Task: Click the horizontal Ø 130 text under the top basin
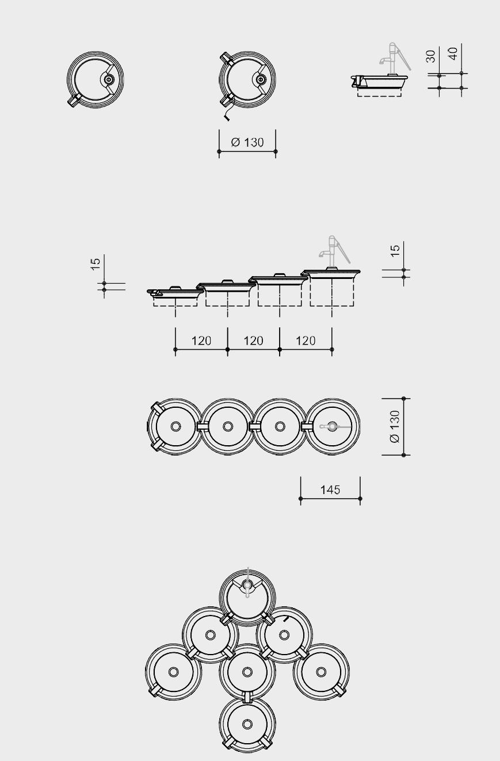247,142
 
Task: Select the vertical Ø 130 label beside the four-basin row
395,426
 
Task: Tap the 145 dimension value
330,490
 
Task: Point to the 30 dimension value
430,56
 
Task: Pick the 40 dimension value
453,53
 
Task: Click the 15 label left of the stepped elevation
96,264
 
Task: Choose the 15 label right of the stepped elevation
395,251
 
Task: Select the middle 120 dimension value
253,341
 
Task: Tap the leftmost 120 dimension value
201,341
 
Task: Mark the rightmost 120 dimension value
306,341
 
